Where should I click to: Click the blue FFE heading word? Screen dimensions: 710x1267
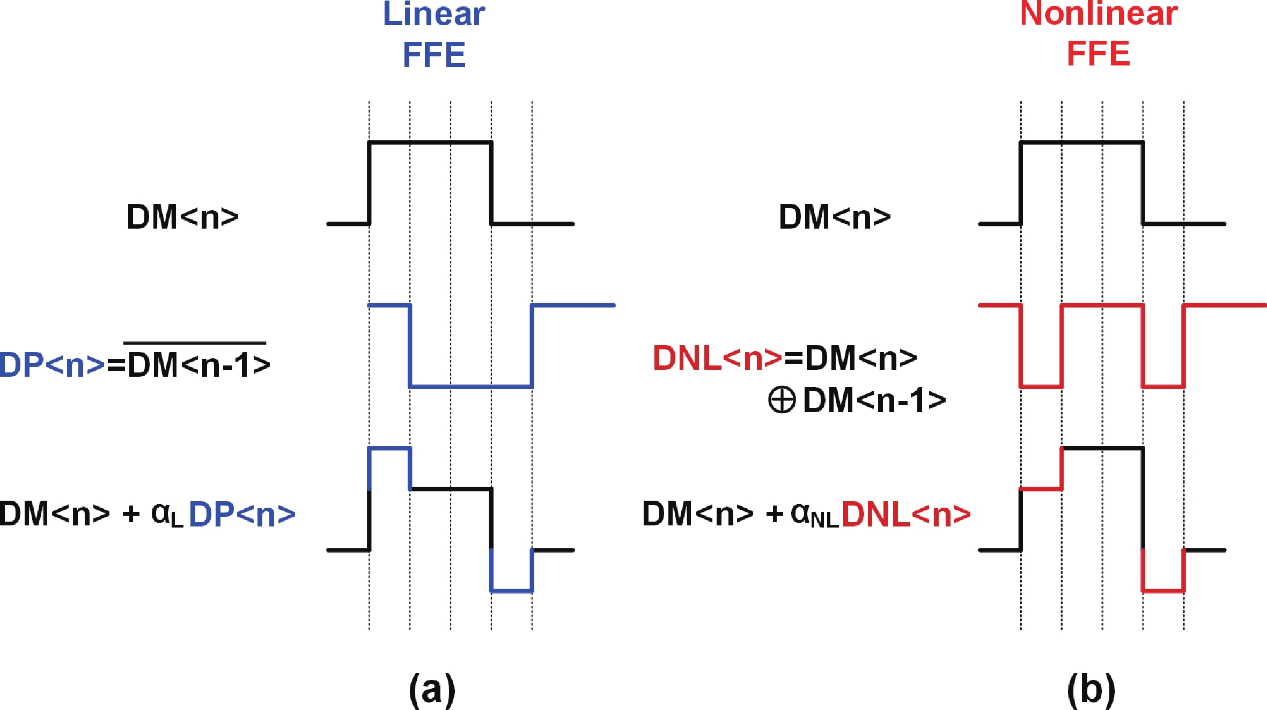(434, 54)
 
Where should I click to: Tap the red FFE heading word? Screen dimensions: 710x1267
(1098, 53)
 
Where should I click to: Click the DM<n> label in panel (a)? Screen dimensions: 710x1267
(182, 217)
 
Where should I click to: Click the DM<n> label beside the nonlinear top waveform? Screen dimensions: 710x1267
(835, 217)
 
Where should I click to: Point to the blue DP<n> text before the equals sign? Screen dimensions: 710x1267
(52, 365)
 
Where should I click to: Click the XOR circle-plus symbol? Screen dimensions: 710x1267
(782, 400)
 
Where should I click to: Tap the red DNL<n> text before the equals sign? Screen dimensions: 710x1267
(717, 358)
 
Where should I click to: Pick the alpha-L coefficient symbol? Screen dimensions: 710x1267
(167, 515)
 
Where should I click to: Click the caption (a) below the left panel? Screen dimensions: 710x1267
(432, 689)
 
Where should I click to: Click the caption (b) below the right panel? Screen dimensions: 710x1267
(1091, 689)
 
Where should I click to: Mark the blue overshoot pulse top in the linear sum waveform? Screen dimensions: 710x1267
(389, 448)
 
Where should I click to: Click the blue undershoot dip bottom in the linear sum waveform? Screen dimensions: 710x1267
(512, 591)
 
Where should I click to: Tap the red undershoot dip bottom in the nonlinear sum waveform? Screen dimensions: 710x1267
(1163, 591)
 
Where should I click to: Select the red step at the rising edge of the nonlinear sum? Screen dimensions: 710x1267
(1041, 489)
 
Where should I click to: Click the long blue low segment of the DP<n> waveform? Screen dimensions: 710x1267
(471, 386)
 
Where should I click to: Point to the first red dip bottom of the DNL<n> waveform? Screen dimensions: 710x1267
(1041, 386)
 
